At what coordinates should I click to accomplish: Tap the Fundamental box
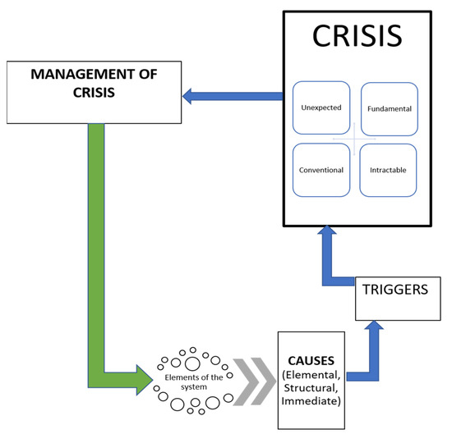[x=389, y=107]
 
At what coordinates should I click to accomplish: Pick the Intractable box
[x=389, y=171]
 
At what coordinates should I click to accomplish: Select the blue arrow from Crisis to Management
[x=233, y=97]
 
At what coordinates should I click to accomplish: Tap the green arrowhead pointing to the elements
[x=144, y=379]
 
